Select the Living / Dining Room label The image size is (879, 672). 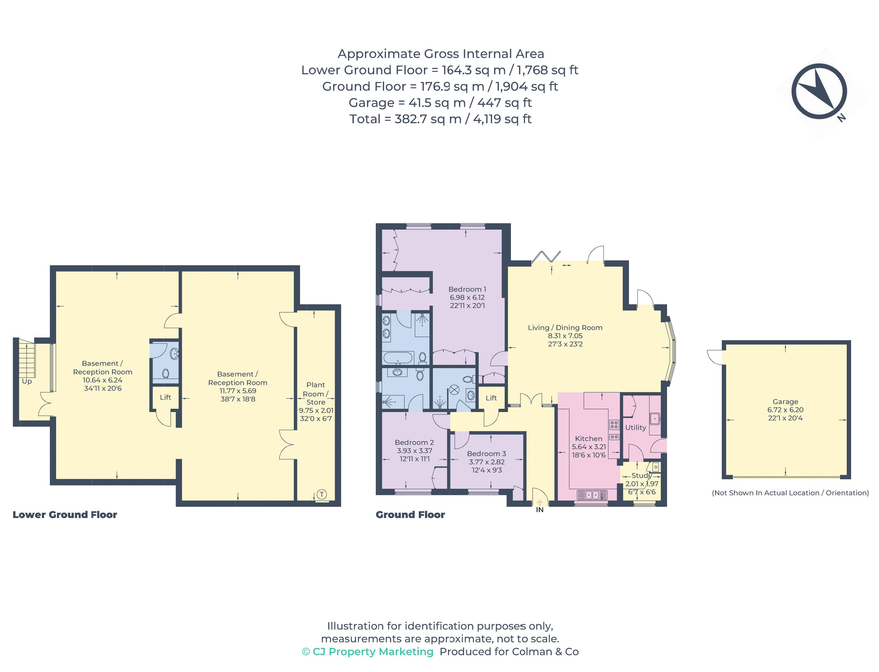tap(565, 328)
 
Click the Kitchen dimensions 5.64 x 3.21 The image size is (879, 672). tap(588, 447)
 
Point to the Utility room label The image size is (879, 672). tap(635, 427)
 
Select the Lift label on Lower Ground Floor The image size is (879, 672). tap(165, 397)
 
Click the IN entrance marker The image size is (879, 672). tap(539, 510)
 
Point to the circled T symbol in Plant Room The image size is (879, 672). tap(321, 494)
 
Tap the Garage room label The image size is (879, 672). tap(785, 401)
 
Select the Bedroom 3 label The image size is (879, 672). tap(486, 454)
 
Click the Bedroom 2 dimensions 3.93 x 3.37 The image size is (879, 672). tap(414, 451)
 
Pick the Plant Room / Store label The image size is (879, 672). tap(315, 394)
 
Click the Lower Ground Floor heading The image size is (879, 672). tap(65, 515)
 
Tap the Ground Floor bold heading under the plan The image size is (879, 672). tap(410, 515)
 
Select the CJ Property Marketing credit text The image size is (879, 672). tap(368, 652)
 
